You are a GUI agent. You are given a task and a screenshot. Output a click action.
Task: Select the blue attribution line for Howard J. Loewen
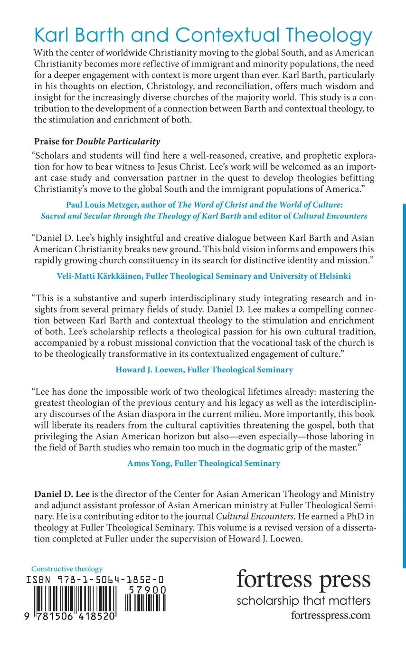tap(203, 370)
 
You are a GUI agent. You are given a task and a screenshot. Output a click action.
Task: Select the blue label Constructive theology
tap(66, 569)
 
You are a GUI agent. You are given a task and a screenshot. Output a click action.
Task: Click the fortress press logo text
tap(303, 579)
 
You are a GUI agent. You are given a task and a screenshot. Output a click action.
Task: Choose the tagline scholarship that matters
tap(303, 601)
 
